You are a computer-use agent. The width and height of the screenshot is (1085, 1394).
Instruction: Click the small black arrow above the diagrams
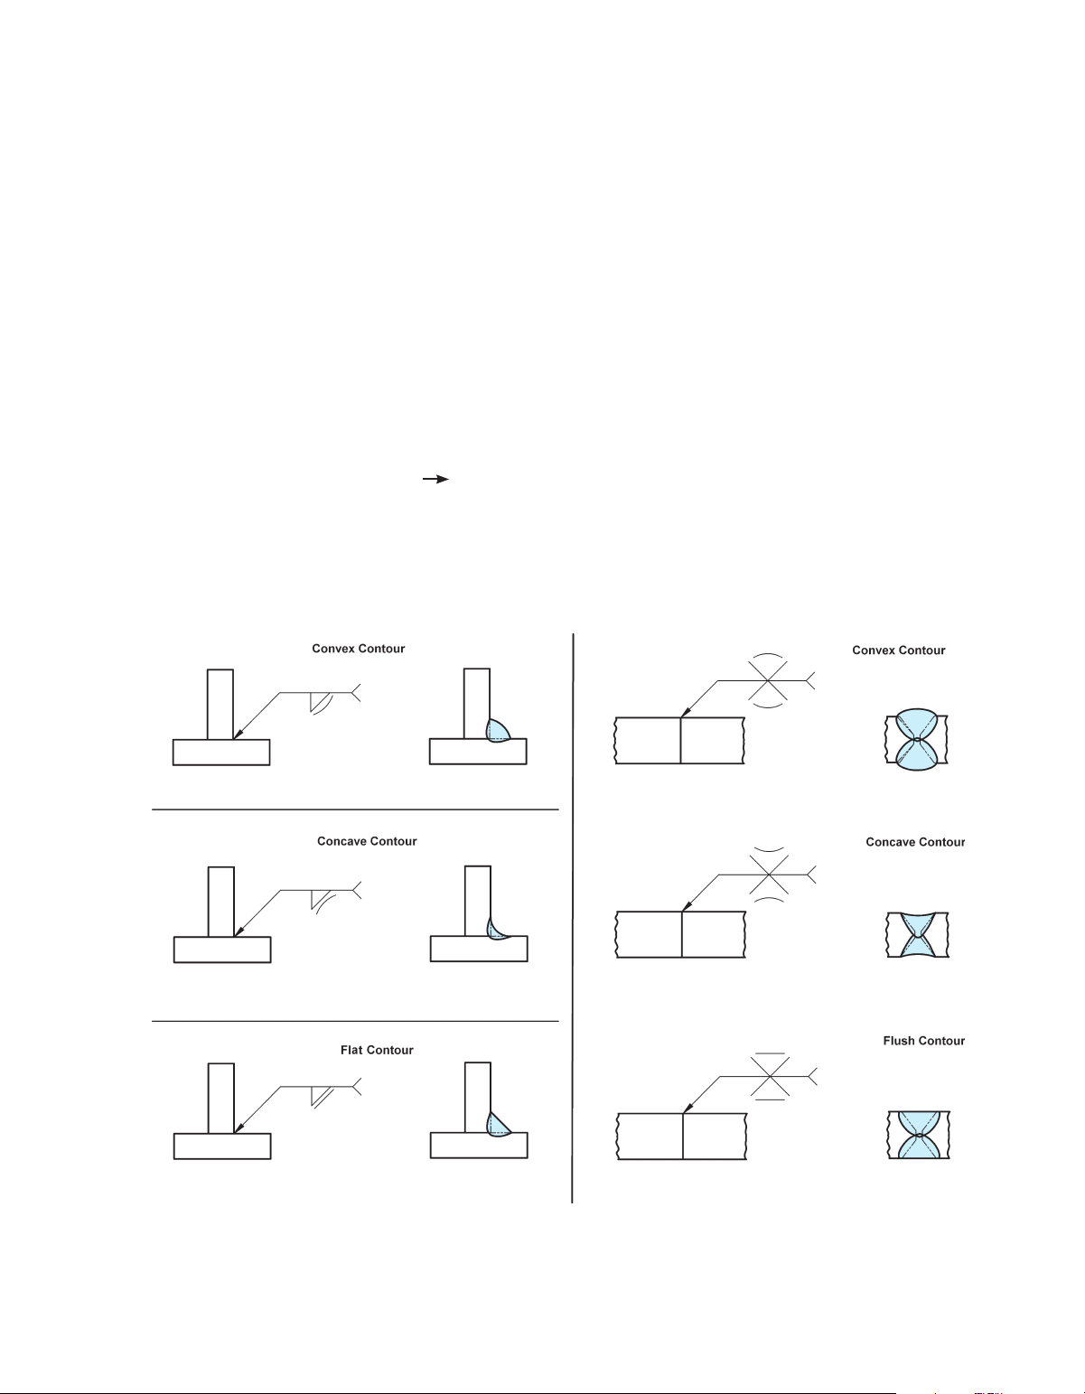[437, 480]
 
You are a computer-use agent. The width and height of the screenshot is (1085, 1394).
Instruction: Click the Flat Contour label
[377, 1050]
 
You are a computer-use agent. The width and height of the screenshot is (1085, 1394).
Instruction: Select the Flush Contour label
[923, 1041]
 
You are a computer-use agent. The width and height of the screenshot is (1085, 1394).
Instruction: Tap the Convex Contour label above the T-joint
[358, 649]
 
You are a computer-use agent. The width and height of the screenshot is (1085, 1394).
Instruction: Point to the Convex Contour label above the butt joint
[898, 650]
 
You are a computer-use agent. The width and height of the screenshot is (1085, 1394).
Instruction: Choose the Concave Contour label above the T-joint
[367, 841]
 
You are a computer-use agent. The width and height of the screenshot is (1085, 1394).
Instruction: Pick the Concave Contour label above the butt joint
[915, 842]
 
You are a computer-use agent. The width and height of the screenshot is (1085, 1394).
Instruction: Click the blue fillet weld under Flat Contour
[496, 1124]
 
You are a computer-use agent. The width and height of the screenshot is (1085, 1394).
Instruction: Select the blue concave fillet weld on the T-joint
[493, 929]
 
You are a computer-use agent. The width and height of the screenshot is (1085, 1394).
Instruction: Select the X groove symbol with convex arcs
[768, 678]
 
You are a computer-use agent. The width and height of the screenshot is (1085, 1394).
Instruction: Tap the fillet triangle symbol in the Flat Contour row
[318, 1095]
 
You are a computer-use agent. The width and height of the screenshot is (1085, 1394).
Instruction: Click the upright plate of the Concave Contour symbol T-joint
[221, 902]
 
